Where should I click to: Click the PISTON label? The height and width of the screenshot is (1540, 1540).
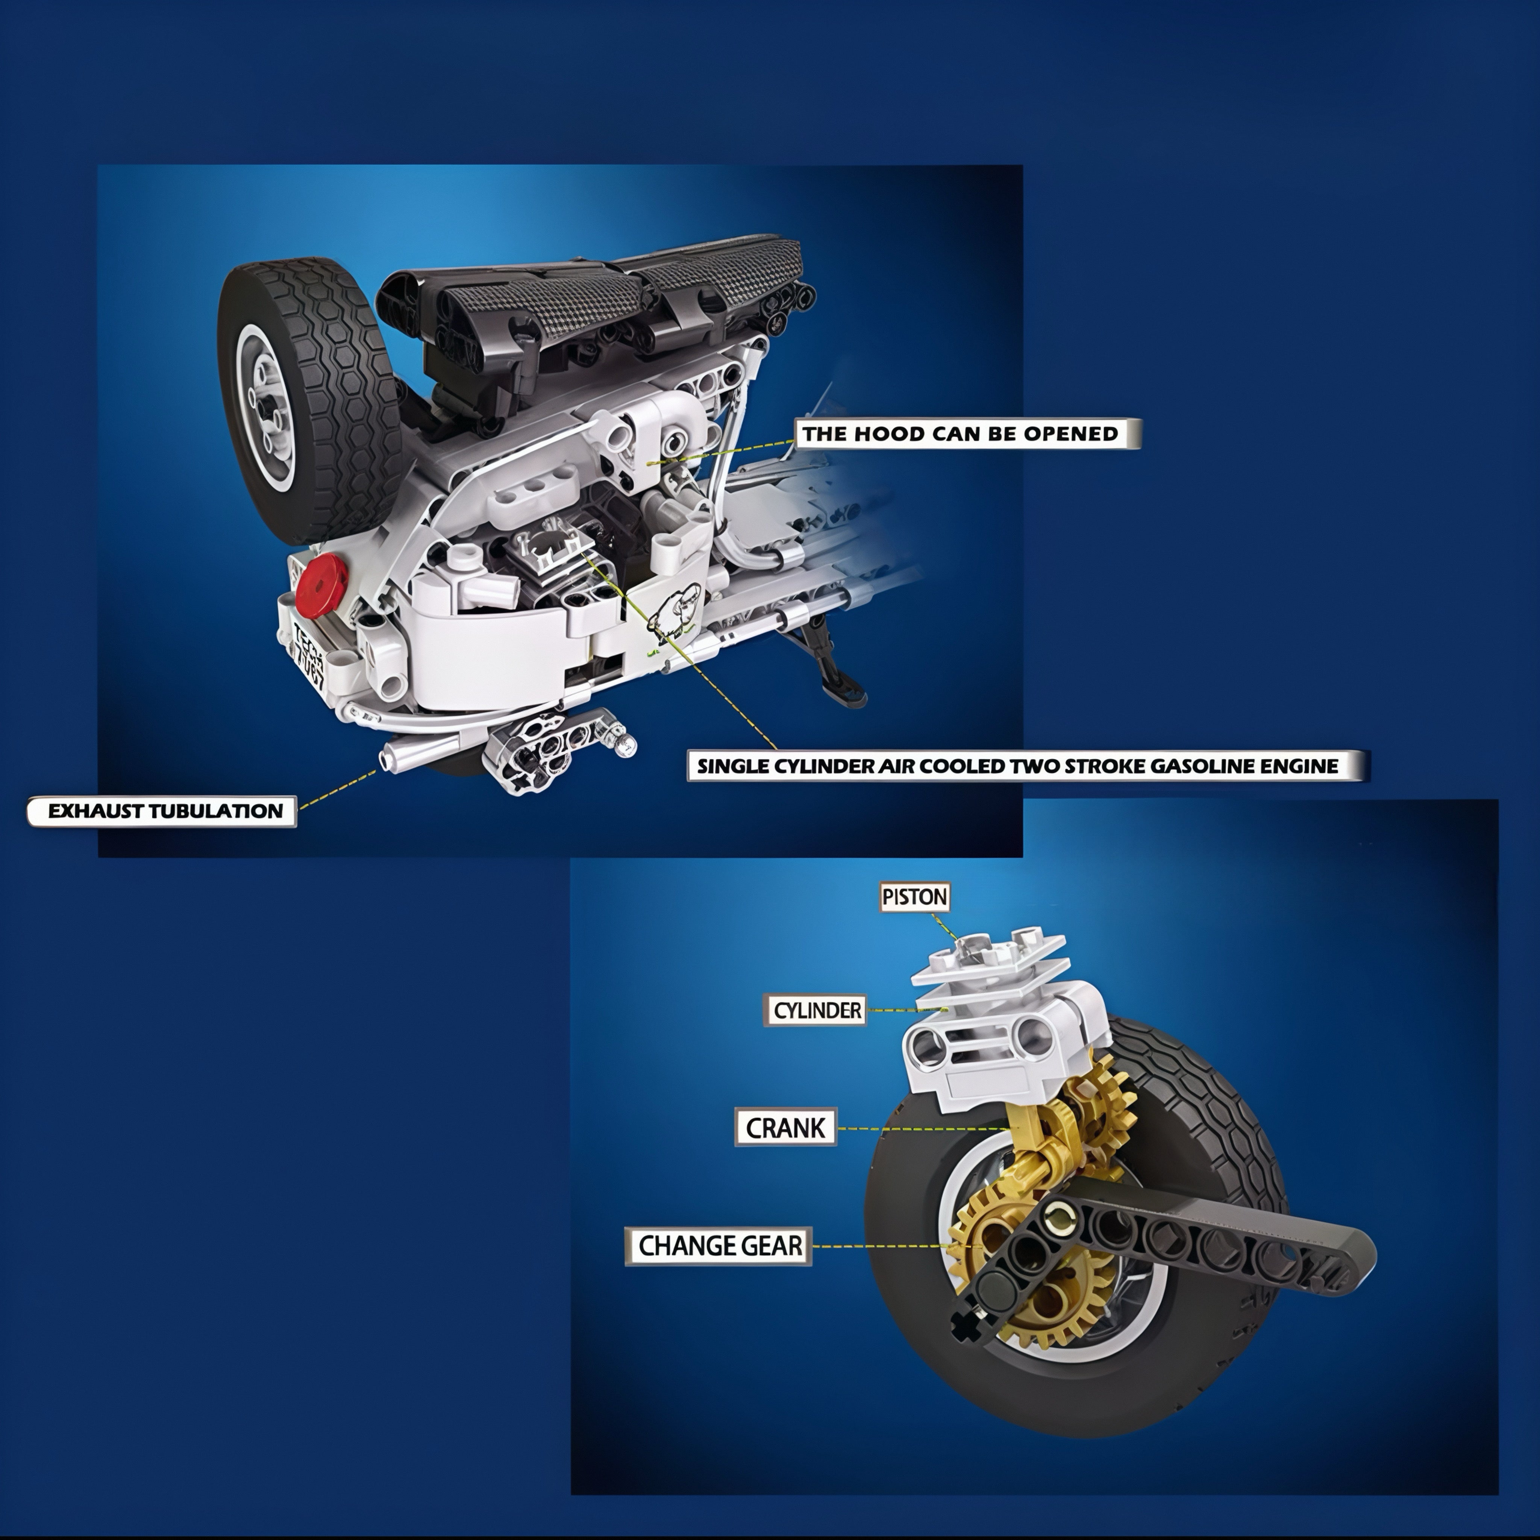(x=914, y=897)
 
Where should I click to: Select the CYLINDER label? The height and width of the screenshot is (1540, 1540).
(x=817, y=1011)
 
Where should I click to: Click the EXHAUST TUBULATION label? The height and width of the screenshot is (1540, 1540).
(x=165, y=811)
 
